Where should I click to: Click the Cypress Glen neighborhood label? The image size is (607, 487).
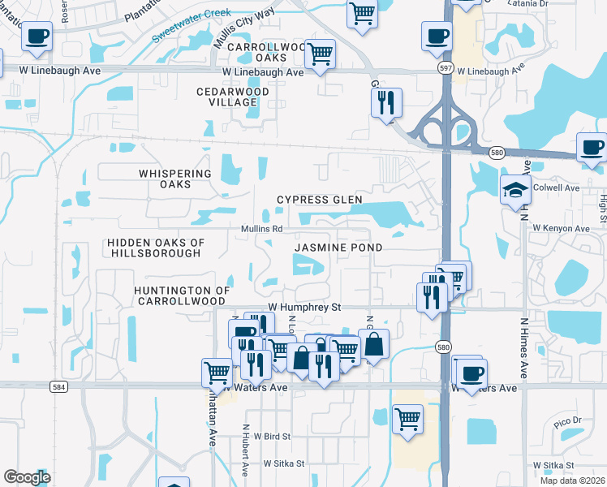click(319, 200)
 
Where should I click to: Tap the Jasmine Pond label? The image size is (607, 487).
click(338, 247)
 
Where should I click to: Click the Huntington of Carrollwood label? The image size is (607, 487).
click(183, 296)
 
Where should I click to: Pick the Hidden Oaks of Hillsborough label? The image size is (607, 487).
click(154, 248)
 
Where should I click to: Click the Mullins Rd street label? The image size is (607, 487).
click(261, 229)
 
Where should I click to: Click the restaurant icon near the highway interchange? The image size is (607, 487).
click(385, 102)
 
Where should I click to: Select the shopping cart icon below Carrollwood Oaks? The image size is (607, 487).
click(321, 54)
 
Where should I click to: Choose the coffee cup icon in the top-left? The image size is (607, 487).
click(37, 36)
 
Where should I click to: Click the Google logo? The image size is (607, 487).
click(27, 477)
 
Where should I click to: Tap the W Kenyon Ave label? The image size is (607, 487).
click(560, 229)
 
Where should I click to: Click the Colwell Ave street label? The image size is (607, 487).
click(559, 188)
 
